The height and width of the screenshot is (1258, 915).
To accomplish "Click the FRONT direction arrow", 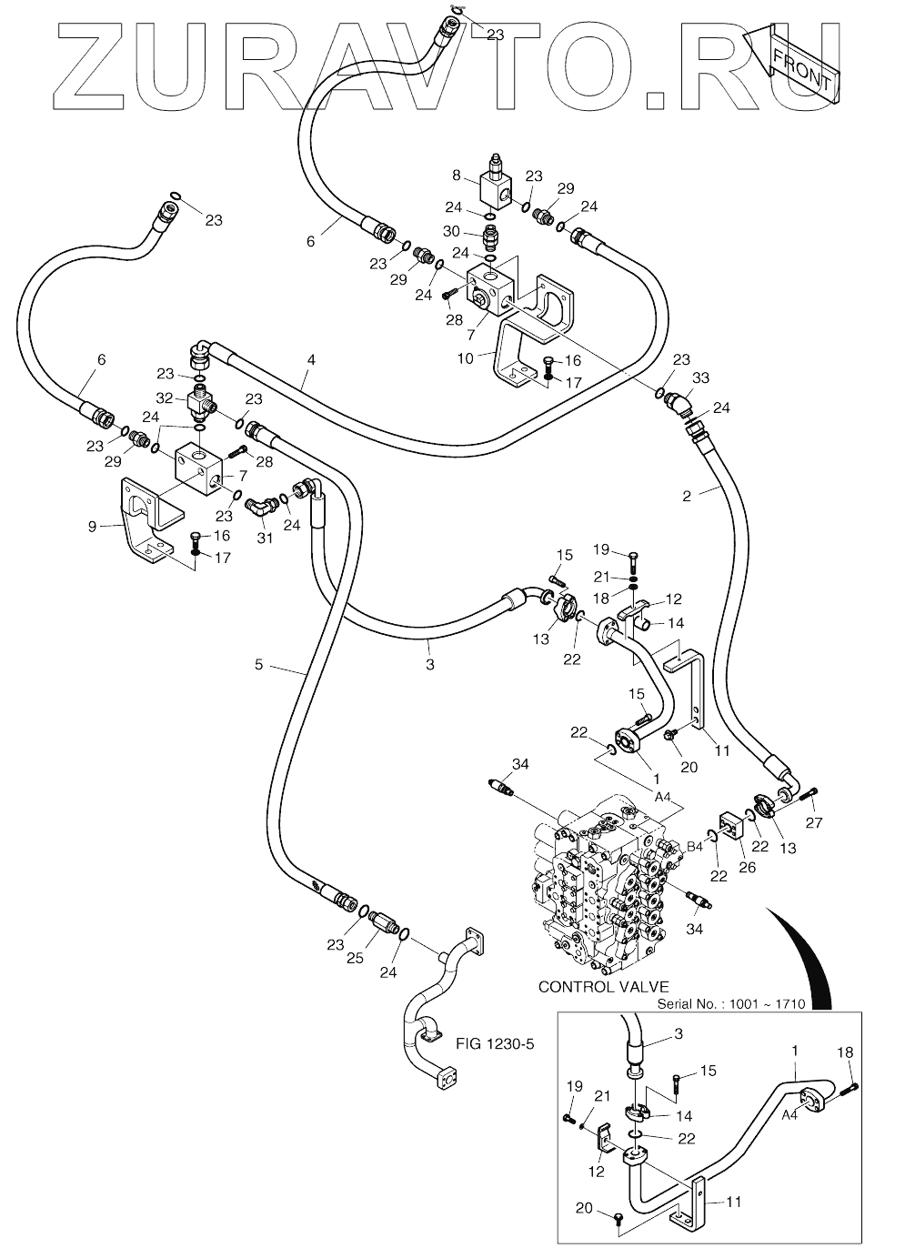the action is pos(793,64).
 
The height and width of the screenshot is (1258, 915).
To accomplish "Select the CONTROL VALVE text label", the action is pos(603,986).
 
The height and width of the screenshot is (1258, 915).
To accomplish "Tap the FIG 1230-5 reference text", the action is pos(494,1044).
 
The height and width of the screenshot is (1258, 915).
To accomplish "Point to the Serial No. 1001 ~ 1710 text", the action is pos(731,1003).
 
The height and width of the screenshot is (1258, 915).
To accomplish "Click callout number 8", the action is pos(456,176).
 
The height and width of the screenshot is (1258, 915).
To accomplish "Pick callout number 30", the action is pos(451,231).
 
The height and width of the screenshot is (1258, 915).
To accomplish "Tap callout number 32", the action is pos(164,398).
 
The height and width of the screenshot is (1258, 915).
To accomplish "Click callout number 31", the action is pos(265,538).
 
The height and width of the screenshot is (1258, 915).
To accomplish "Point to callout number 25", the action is pos(355,958).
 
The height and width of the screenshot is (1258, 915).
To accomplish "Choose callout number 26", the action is pos(747,868).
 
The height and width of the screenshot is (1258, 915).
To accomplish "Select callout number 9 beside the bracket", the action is pos(92,527).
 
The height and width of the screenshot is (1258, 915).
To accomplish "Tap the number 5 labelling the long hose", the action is pos(259,665).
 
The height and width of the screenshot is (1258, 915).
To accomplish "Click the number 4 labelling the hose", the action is pos(311,359).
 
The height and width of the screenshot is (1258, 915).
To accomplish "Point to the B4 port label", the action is pos(695,847).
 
